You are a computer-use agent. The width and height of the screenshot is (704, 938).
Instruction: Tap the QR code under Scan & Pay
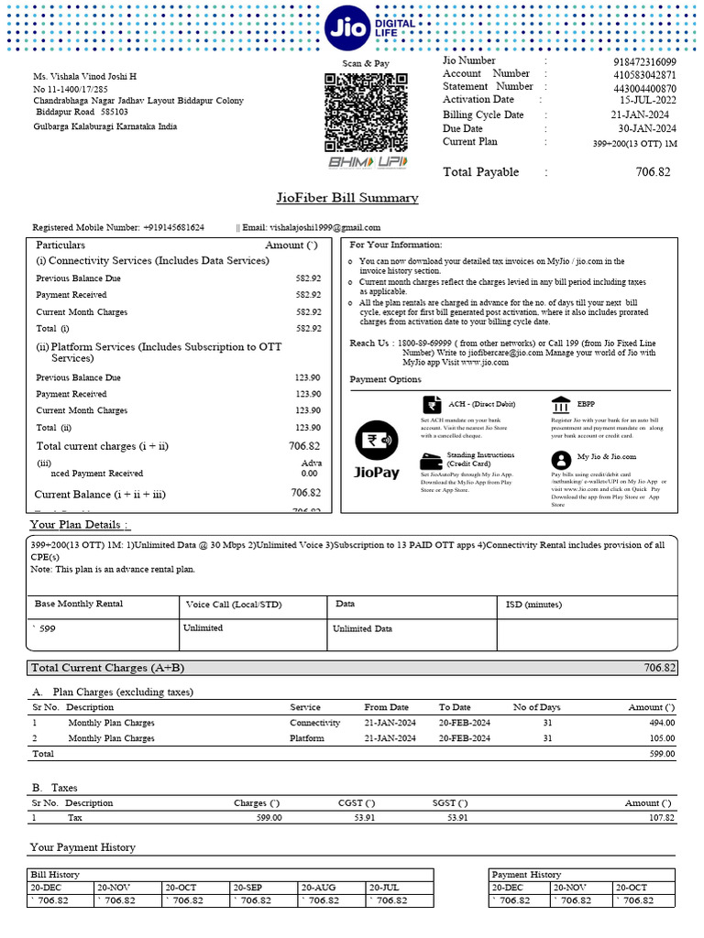[x=365, y=113]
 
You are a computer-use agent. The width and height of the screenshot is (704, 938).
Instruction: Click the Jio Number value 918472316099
[x=644, y=61]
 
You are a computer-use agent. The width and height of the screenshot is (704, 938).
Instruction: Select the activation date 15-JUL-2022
[x=648, y=100]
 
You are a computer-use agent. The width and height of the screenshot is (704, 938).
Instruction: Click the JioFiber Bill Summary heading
[x=347, y=198]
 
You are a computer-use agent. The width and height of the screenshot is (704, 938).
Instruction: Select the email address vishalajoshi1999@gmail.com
[x=311, y=227]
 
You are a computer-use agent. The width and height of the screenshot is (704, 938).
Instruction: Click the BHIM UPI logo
[x=368, y=162]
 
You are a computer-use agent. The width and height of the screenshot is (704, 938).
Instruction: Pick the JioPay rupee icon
[x=376, y=441]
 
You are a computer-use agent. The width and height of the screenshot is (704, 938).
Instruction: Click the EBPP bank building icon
[x=560, y=404]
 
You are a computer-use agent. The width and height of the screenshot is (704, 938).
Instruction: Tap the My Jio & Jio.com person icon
[x=560, y=459]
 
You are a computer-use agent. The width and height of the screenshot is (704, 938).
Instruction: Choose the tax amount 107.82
[x=657, y=818]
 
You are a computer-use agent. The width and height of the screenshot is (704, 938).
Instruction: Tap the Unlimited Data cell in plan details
[x=364, y=628]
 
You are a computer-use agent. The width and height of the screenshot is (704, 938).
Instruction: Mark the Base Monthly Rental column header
[x=79, y=605]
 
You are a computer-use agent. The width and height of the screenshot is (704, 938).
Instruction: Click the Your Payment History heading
[x=82, y=848]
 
